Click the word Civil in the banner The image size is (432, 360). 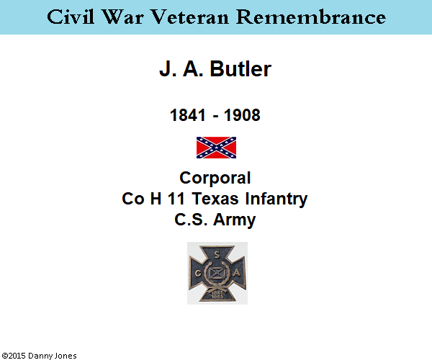coord(71,17)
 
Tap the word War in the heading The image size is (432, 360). coord(123,17)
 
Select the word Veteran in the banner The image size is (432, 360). coord(190,17)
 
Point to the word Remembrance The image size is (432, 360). coord(311,17)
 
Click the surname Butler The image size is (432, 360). coord(240,69)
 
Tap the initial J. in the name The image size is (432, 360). coord(168,69)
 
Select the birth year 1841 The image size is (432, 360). coord(188,115)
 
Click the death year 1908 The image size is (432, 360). coord(242,115)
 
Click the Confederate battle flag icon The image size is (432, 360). coord(216,148)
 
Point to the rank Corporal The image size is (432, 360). coord(215,178)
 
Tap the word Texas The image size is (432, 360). coord(215,199)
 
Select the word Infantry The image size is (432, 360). coord(276,199)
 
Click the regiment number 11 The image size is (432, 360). coord(176,199)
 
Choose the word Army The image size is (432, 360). coord(235,220)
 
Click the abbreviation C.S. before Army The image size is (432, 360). coord(191,220)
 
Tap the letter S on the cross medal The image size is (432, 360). coord(217,256)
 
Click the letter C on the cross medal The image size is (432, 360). coord(198,274)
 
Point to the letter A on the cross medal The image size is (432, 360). coord(237,273)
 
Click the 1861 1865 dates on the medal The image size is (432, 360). coord(217,294)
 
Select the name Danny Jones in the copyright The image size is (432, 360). coord(53,356)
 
